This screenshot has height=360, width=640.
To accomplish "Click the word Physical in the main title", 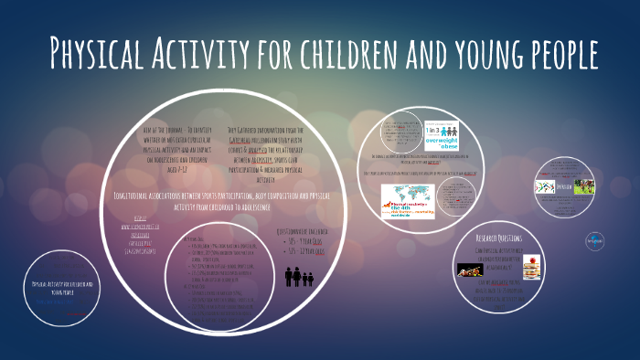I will tap(97, 54).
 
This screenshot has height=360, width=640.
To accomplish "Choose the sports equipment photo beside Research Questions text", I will tap(470, 270).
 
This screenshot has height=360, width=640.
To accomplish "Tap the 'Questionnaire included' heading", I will tap(306, 231).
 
